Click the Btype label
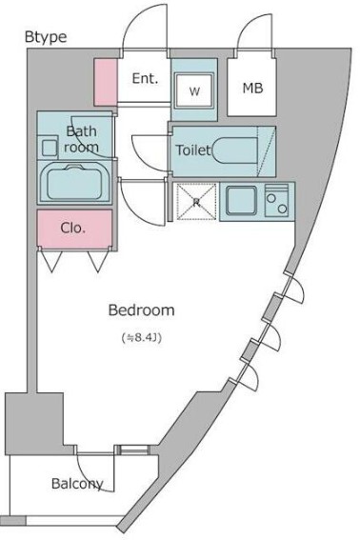46,37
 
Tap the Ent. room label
145,78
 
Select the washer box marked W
194,90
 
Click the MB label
252,89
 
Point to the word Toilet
193,150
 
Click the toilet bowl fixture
235,150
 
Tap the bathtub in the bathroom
74,182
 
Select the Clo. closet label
72,228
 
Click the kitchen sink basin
241,201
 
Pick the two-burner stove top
276,201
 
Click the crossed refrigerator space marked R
196,202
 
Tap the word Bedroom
141,310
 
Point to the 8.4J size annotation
142,337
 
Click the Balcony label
77,484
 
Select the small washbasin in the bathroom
50,148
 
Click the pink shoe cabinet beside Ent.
106,82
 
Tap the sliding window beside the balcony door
133,450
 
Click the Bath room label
81,139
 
